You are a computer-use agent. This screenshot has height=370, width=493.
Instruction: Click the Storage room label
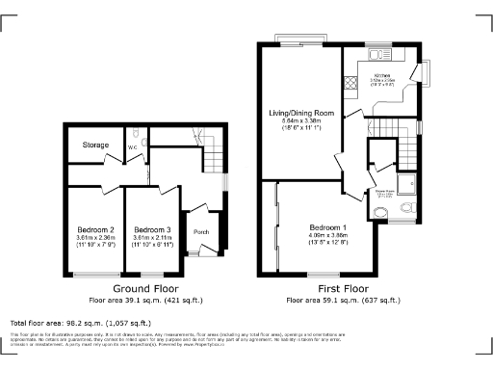[x=94, y=145]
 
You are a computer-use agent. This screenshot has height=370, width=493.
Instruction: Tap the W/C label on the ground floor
[x=133, y=147]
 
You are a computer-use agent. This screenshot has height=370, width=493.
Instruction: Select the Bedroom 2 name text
[x=96, y=229]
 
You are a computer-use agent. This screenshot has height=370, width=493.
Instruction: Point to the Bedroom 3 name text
[x=153, y=229]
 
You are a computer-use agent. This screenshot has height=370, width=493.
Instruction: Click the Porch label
[x=202, y=231]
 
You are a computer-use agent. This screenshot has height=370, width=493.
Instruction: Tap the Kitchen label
[x=381, y=74]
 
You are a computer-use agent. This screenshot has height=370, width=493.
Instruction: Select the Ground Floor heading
[x=144, y=289]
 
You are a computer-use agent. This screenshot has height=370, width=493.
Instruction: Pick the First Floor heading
[x=342, y=289]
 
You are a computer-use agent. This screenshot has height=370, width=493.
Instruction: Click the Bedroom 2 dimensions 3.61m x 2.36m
[x=96, y=238]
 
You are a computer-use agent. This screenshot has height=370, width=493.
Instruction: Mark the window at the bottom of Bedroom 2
[x=92, y=275]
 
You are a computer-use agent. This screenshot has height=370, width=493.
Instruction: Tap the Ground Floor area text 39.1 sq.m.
[x=144, y=300]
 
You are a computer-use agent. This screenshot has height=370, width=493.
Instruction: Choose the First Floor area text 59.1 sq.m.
[x=342, y=300]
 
